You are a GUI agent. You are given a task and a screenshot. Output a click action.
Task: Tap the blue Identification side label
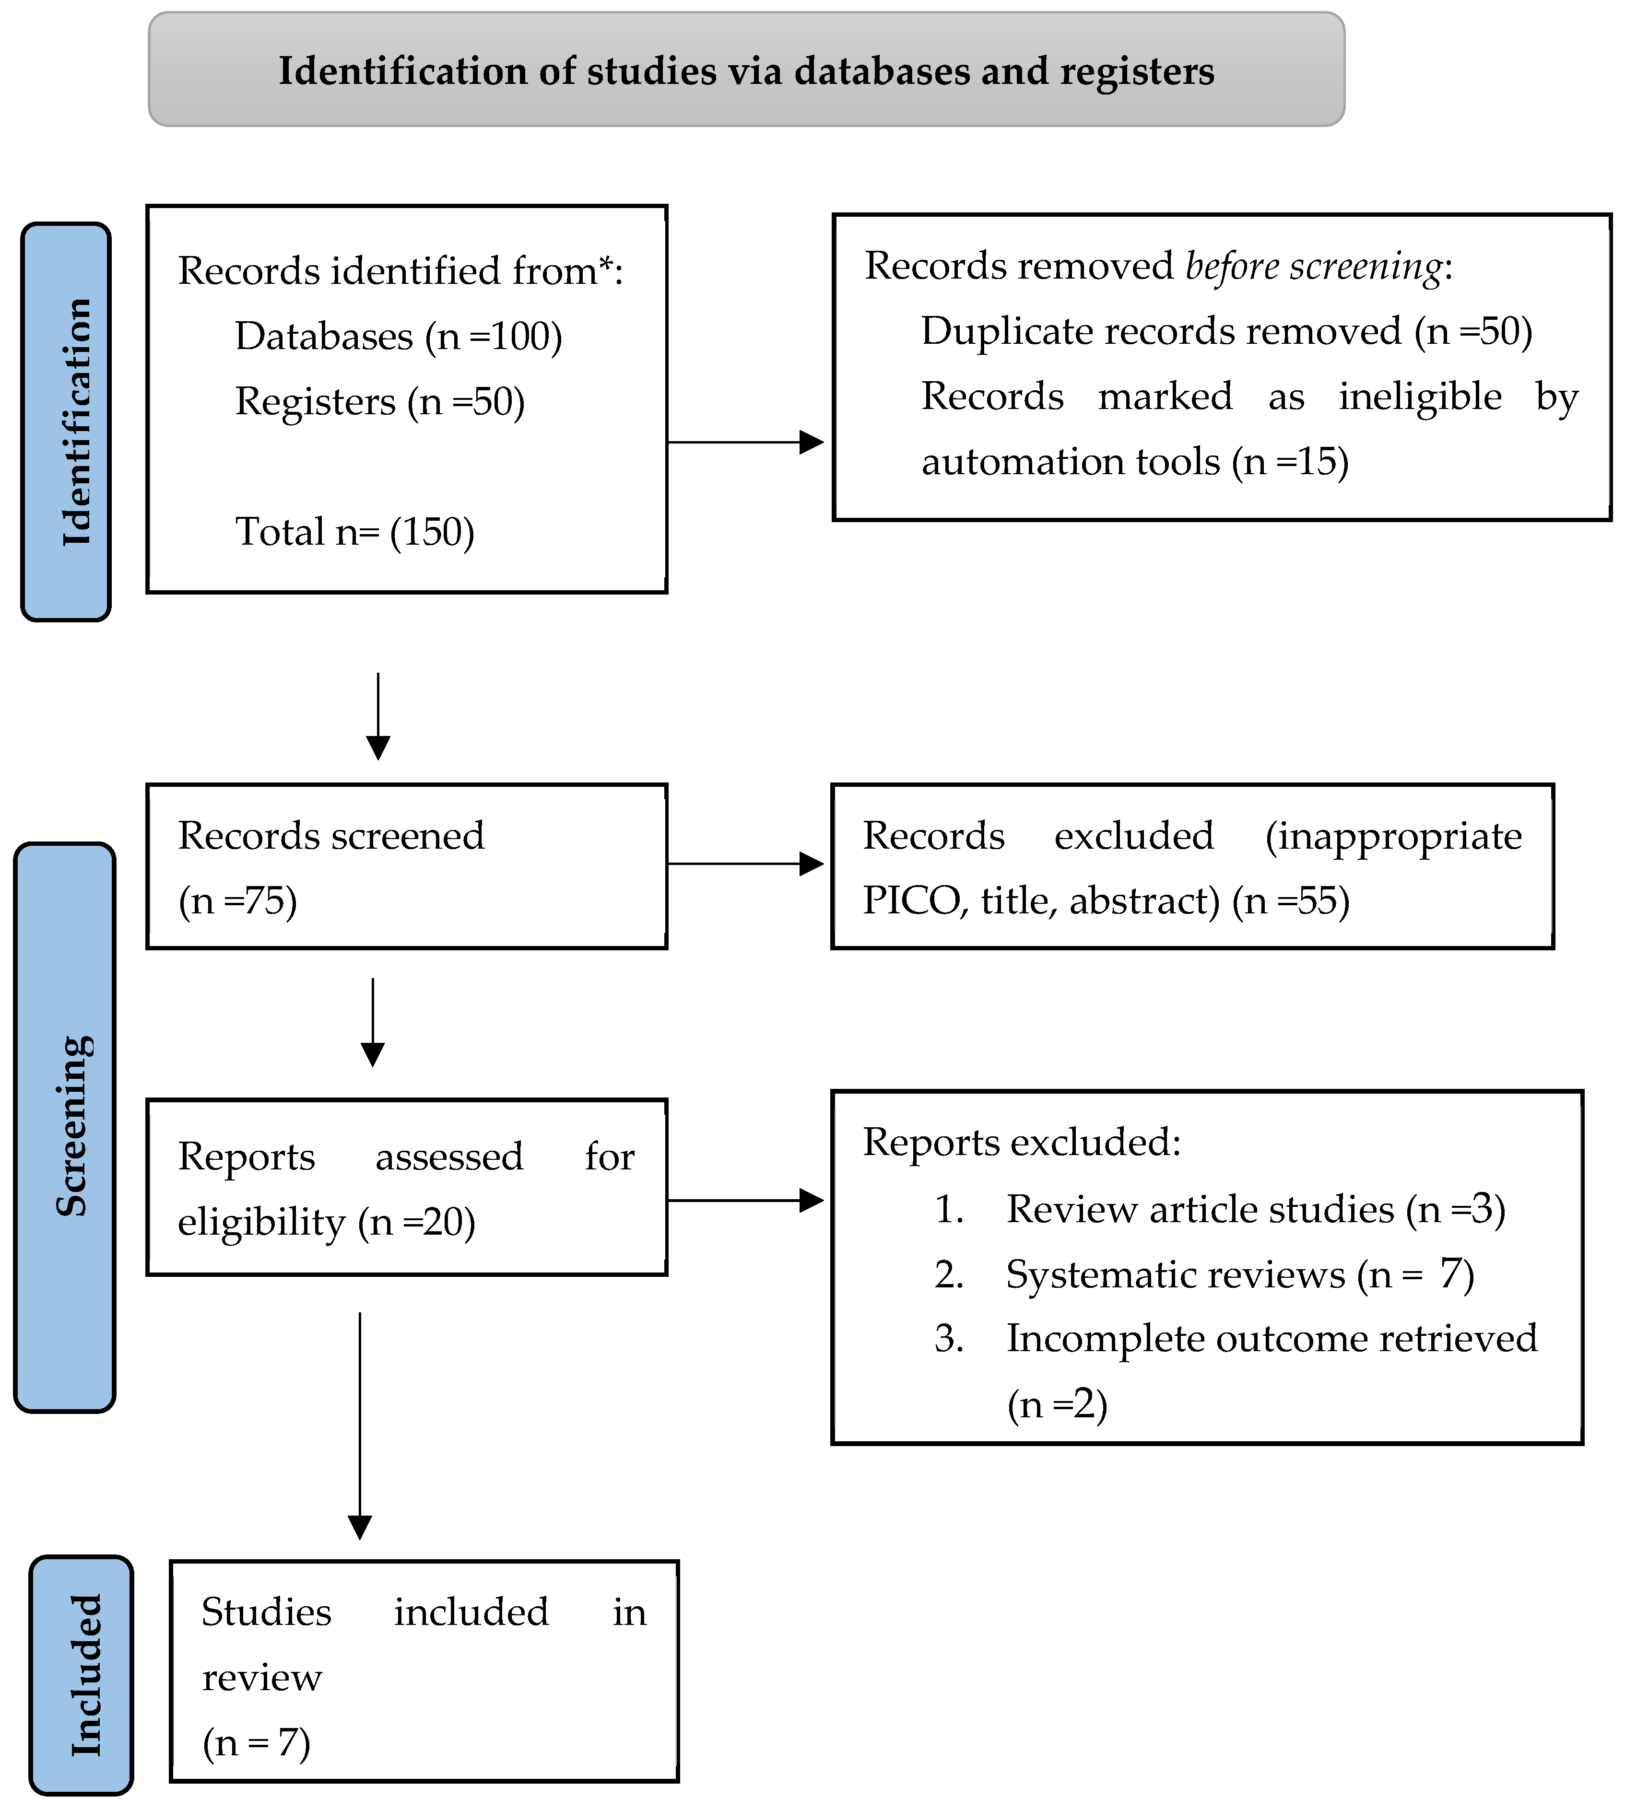click(x=66, y=421)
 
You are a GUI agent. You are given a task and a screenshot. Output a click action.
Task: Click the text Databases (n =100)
click(x=398, y=337)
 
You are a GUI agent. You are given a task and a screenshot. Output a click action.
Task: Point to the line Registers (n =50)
click(x=379, y=402)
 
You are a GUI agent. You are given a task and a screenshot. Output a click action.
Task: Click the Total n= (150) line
click(x=354, y=532)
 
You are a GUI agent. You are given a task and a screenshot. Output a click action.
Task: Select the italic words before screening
click(x=1312, y=266)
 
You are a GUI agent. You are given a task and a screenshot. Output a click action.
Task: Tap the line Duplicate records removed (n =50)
click(x=1226, y=331)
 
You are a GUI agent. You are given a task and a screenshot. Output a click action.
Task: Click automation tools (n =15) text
click(x=1134, y=461)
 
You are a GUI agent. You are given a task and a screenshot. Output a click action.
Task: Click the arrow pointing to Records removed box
click(x=745, y=442)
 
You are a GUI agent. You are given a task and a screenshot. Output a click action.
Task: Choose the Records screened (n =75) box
click(x=406, y=866)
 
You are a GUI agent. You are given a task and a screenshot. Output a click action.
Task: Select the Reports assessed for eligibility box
click(x=406, y=1187)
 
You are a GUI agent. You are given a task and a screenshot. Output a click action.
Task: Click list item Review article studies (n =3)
click(x=1254, y=1209)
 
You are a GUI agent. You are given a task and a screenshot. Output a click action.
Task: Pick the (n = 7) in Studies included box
click(x=256, y=1742)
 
